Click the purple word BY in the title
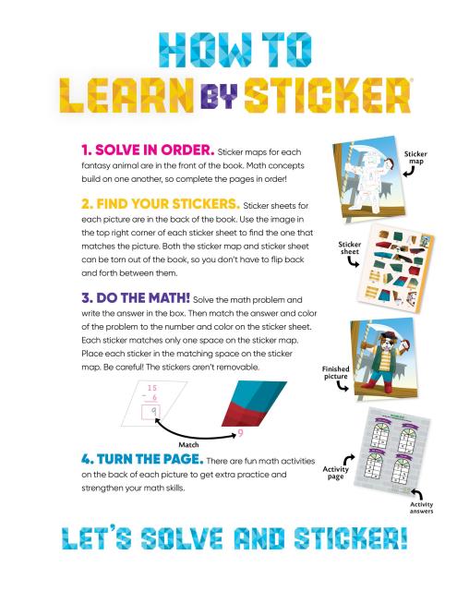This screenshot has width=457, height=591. tap(219, 96)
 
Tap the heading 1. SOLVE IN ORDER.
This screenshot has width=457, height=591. tap(148, 150)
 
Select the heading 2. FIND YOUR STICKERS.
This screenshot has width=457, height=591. tap(161, 204)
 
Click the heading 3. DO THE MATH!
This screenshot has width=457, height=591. tap(136, 297)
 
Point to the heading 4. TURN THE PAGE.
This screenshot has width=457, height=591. tap(142, 459)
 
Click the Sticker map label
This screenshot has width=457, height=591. tap(415, 158)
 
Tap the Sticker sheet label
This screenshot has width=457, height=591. tap(349, 247)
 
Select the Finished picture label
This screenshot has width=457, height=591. tap(335, 372)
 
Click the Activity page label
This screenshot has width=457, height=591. tap(335, 473)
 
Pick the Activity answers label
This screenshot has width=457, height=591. tap(421, 507)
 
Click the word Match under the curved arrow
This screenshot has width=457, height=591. tap(188, 445)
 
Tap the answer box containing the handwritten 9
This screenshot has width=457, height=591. tap(151, 412)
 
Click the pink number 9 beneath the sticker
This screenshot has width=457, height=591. tap(240, 433)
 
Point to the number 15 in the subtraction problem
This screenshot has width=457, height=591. tap(151, 388)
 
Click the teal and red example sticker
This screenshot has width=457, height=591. tap(254, 404)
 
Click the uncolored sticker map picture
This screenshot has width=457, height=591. tap(368, 176)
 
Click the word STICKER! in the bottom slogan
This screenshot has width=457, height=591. tap(351, 537)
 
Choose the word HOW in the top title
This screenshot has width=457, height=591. tap(206, 49)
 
